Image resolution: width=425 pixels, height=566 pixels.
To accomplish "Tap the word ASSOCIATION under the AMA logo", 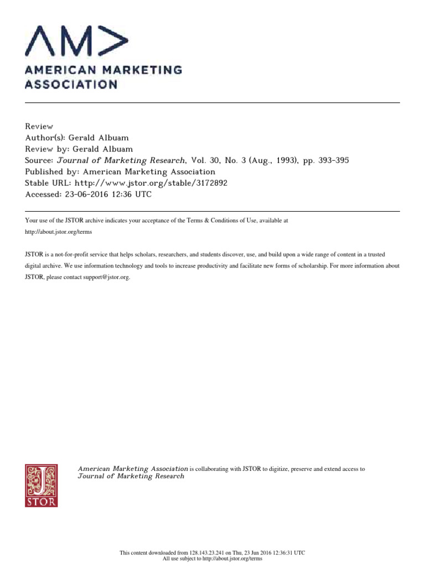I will (70, 85).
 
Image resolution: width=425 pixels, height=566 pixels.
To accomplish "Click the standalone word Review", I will (39, 127).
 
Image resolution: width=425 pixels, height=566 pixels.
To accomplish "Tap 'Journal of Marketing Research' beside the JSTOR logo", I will (131, 476).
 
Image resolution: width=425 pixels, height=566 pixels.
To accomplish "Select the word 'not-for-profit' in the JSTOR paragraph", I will (75, 254).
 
